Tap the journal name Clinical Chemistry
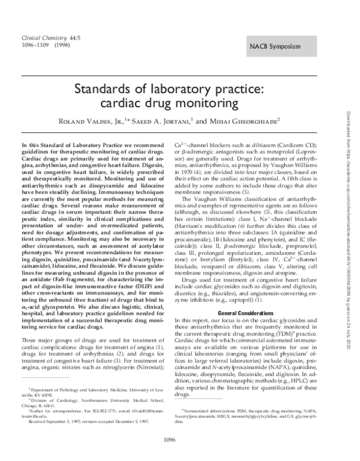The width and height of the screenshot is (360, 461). pos(43,37)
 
